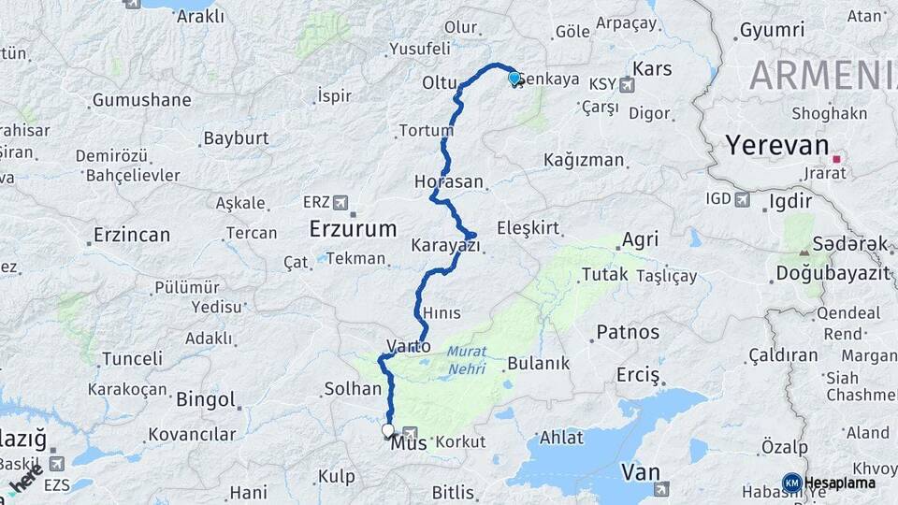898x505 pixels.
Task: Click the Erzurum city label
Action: pos(354,228)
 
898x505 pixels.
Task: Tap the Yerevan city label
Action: pos(778,146)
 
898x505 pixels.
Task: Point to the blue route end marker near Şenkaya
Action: pos(514,78)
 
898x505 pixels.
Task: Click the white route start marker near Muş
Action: pos(387,430)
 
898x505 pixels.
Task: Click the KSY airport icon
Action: pos(626,84)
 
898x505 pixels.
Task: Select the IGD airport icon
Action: pos(743,198)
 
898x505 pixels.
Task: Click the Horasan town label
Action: pos(450,181)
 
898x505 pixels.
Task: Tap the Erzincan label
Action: pos(132,235)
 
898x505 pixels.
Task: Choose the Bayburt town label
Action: pos(236,138)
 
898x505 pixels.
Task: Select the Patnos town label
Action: pos(628,331)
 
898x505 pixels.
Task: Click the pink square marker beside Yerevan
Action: pos(835,159)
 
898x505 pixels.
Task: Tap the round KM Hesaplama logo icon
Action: pos(791,483)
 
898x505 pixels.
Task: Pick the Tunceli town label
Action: pos(132,358)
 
